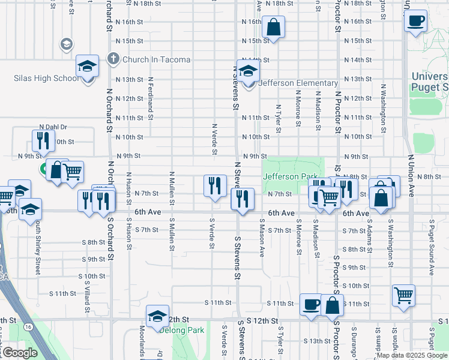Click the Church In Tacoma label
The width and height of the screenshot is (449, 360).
(156, 59)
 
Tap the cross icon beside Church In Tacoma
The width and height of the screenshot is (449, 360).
(112, 59)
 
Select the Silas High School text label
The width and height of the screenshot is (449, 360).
(46, 79)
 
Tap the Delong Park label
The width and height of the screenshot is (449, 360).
(181, 330)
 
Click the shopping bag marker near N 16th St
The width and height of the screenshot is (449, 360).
(273, 27)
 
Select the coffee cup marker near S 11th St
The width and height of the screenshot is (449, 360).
(310, 304)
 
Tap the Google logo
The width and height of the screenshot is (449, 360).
(19, 353)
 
